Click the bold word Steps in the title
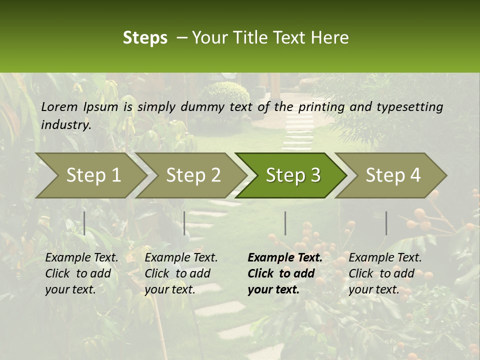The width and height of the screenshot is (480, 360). (x=145, y=38)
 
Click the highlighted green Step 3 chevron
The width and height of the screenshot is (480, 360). (x=293, y=175)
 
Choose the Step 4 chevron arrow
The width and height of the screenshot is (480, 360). (x=393, y=175)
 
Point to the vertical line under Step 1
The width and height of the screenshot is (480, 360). (x=84, y=223)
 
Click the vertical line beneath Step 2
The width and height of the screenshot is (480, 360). (x=184, y=223)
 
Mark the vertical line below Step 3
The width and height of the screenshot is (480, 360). (x=285, y=223)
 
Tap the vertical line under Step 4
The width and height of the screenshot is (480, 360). (x=386, y=223)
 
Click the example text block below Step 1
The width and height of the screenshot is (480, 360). (x=81, y=273)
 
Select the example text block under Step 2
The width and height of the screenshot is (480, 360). (x=181, y=273)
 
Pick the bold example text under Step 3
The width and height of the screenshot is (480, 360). (x=285, y=273)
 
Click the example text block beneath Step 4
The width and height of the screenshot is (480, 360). (x=385, y=273)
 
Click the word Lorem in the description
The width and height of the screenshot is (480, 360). (x=59, y=106)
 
